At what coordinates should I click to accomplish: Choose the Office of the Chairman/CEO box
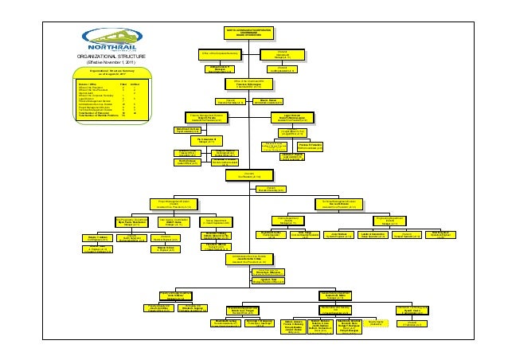pos(254,84)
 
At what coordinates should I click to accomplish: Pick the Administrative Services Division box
pos(254,258)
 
